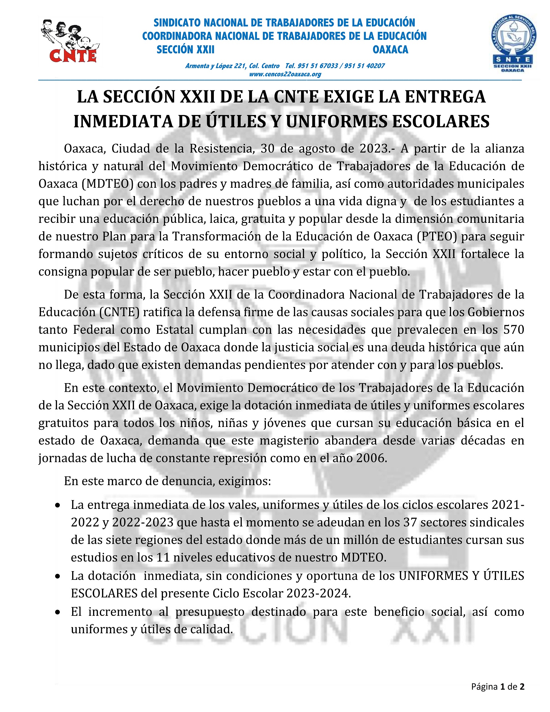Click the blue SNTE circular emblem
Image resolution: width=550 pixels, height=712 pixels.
514,43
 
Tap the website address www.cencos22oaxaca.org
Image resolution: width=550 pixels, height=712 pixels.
285,74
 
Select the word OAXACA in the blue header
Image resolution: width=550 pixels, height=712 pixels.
390,50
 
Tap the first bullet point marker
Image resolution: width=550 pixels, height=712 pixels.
58,505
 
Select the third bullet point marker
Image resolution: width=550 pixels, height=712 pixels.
58,612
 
